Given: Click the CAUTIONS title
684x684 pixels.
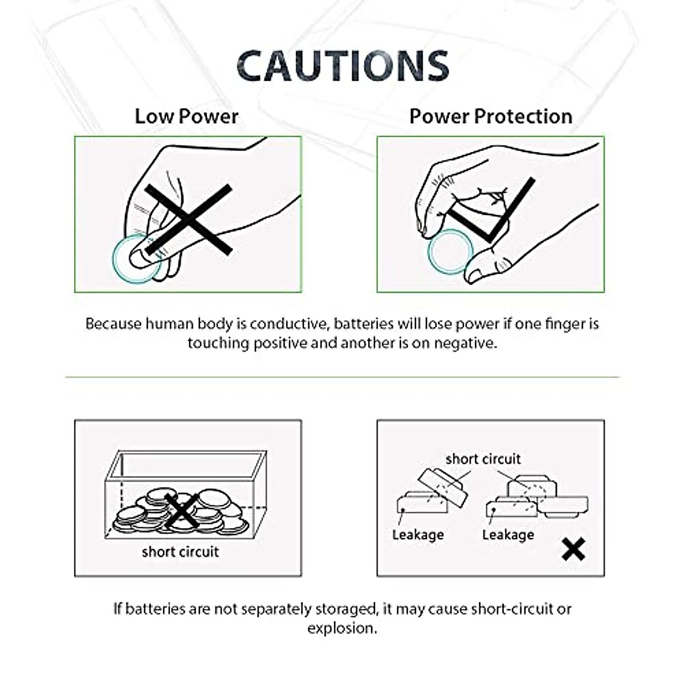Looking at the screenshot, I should coord(343,66).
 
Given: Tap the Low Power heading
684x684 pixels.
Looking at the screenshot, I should coord(186,116).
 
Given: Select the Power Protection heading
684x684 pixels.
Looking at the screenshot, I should coord(490,116).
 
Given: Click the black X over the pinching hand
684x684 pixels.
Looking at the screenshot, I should coord(188,219).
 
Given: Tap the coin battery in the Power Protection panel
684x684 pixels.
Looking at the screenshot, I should coord(451,251).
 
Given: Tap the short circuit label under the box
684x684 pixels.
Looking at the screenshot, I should coord(180,552).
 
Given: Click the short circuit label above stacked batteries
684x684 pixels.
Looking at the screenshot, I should coord(483,459).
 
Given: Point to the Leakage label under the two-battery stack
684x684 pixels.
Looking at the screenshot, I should coord(418,535).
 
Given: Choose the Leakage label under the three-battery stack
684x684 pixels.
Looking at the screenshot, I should coord(508,535).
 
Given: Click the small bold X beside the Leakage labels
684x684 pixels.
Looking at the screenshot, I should coord(573,549).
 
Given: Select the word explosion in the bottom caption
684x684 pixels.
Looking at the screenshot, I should coord(341,628).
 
